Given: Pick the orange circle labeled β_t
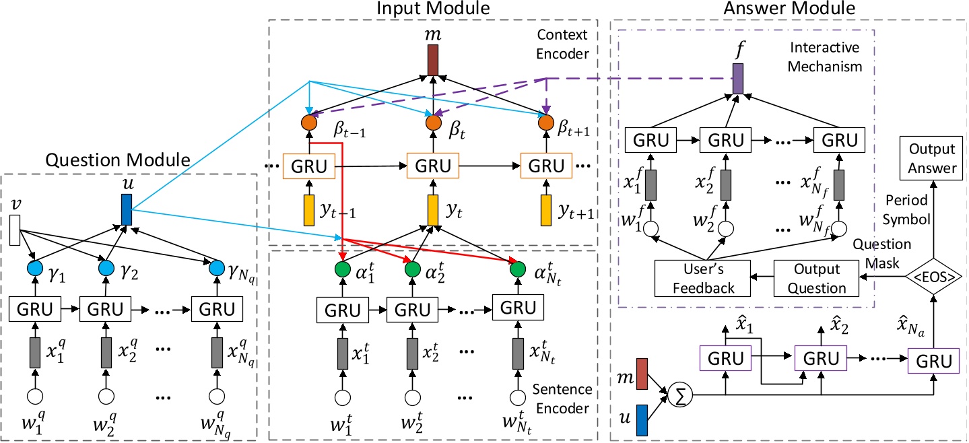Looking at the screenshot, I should pos(432,123).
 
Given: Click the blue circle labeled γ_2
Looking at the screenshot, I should pos(104,268).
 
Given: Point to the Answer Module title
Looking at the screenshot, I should pos(789,9).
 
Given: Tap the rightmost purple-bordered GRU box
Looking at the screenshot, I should pos(932,362).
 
